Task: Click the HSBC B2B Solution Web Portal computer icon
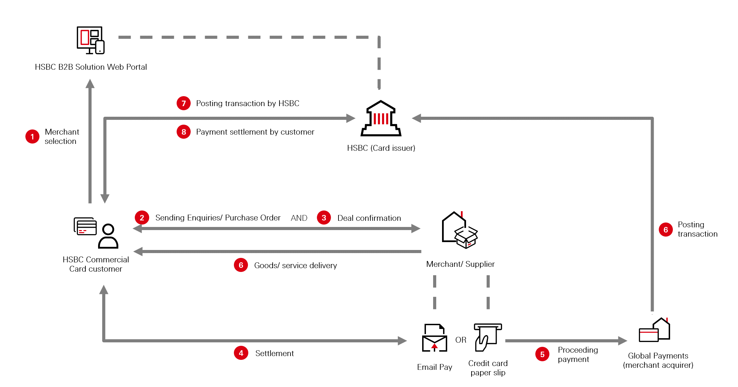(91, 40)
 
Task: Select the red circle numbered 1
(33, 137)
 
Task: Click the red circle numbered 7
(184, 103)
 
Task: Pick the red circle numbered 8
(184, 132)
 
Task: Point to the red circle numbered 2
(142, 218)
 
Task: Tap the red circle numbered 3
(324, 218)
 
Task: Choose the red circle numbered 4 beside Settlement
(241, 353)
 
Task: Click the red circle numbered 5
(542, 354)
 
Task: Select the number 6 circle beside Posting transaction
(666, 230)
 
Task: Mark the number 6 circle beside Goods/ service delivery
(241, 265)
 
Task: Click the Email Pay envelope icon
(435, 338)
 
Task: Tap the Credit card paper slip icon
(487, 337)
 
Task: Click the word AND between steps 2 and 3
(299, 218)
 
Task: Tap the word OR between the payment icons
(461, 340)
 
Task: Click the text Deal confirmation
(369, 218)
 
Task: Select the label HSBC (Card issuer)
(381, 148)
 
